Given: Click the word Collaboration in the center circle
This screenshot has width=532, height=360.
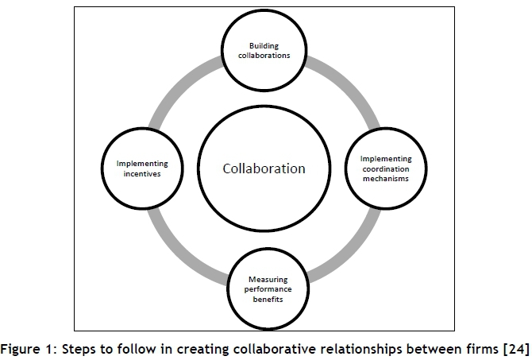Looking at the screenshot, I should (264, 168).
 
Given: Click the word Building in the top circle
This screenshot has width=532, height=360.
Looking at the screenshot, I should (264, 47).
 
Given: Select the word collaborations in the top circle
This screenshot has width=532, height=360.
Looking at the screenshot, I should (264, 57).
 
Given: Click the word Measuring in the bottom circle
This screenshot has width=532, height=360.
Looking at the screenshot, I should (264, 281).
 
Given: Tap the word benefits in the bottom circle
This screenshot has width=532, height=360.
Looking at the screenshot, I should (264, 301).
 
